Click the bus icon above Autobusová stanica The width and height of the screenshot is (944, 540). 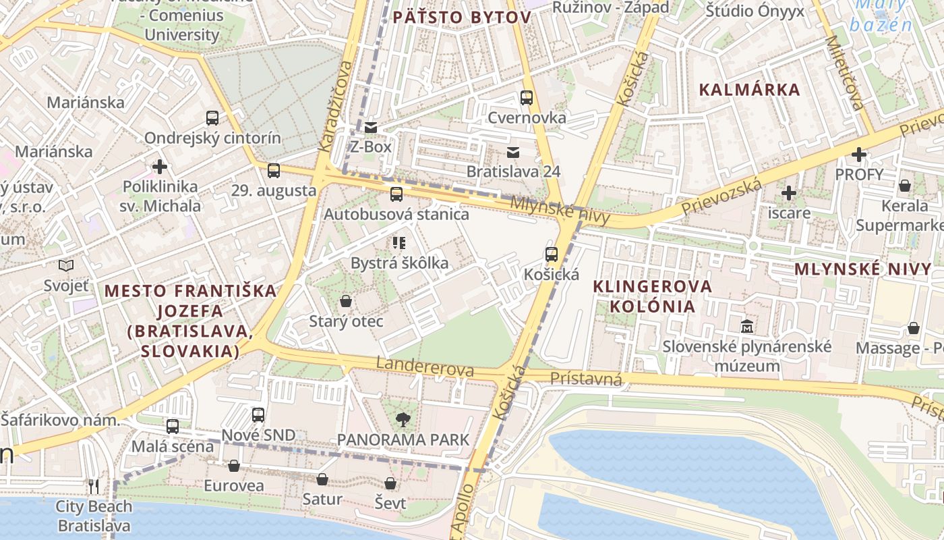(396, 194)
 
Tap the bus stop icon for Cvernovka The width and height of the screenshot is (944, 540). (527, 98)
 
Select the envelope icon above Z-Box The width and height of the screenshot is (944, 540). (371, 127)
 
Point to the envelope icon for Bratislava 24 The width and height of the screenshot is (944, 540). (513, 152)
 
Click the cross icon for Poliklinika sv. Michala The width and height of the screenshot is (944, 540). (160, 166)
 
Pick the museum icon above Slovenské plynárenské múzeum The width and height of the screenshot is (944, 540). (746, 327)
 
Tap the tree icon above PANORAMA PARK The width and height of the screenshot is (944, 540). (403, 420)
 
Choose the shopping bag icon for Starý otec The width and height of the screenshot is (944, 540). (346, 301)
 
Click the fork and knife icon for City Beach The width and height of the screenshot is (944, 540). (94, 486)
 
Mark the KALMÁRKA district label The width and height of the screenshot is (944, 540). (749, 90)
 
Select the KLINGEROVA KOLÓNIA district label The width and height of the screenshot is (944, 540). (652, 296)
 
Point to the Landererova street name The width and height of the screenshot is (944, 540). (425, 367)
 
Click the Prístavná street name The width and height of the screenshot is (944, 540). (585, 379)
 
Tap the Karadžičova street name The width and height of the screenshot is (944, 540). (335, 106)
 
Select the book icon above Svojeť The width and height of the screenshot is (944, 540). (66, 265)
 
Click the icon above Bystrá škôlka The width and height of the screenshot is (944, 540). (399, 242)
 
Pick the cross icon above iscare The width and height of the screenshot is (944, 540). (788, 194)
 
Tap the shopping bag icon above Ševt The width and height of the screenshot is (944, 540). (390, 483)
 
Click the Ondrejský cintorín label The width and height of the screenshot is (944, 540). (212, 138)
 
